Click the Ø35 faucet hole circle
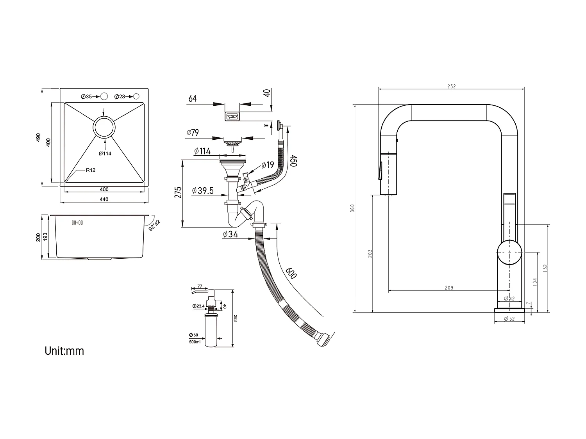(x=104, y=96)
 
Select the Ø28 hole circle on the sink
(x=136, y=96)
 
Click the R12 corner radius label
(x=91, y=170)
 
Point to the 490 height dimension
(x=38, y=137)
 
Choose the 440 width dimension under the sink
(x=104, y=199)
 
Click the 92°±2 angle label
(x=155, y=226)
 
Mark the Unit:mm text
(x=64, y=351)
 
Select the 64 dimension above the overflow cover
(x=193, y=99)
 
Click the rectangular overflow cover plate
(x=232, y=116)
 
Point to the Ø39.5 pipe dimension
(x=203, y=191)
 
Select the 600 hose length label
(x=291, y=273)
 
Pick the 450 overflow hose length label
(x=293, y=160)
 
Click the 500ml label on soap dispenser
(x=194, y=342)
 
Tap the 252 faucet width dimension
(x=451, y=87)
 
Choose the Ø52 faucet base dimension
(x=509, y=319)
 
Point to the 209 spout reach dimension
(x=449, y=288)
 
